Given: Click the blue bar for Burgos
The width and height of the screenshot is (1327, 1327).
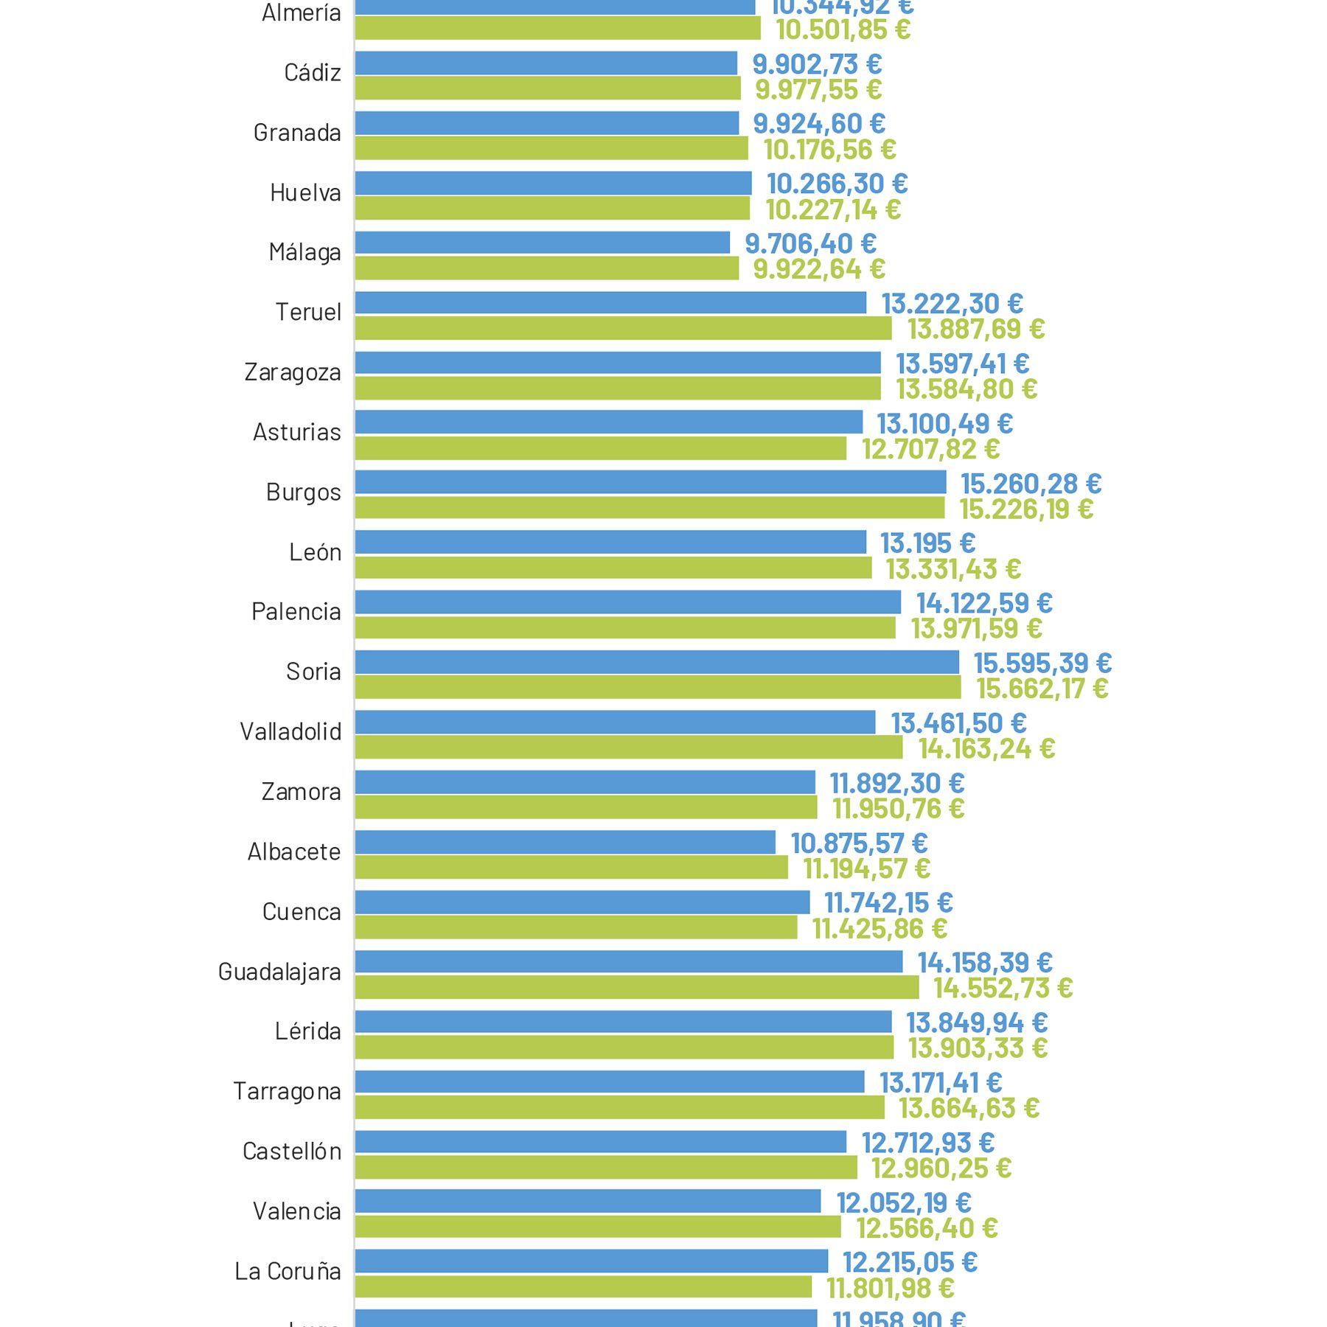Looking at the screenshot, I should click(x=650, y=482).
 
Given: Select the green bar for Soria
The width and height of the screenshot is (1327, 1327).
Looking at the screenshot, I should click(x=658, y=688).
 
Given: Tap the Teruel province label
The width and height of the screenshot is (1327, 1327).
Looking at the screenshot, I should click(x=308, y=312).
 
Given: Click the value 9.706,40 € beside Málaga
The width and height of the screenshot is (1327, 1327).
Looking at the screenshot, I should click(x=810, y=243).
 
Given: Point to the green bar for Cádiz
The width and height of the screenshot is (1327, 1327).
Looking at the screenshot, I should click(x=547, y=88).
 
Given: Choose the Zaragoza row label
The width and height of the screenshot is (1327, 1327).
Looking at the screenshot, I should click(x=293, y=372).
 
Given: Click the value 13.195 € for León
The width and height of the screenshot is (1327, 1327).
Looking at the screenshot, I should click(x=927, y=543).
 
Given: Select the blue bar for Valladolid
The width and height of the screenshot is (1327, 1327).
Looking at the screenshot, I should click(x=615, y=722).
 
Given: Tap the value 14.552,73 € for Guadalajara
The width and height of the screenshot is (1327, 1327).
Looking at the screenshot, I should click(x=1003, y=988).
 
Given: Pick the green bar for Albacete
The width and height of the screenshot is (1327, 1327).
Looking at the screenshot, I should click(x=571, y=868).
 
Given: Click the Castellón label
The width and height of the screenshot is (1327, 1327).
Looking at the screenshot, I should click(x=292, y=1152).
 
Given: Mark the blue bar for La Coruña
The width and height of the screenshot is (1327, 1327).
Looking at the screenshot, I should click(x=591, y=1261).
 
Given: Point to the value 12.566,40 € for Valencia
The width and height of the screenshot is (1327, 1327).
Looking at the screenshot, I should click(x=927, y=1228).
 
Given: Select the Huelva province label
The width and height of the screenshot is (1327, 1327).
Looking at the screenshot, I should click(x=305, y=192).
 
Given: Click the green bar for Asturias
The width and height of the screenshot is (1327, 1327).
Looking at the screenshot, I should click(x=600, y=448).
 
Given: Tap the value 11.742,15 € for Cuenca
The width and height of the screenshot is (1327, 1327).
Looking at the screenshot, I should click(x=888, y=902).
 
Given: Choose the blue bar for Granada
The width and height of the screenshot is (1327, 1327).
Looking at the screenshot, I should click(x=546, y=123).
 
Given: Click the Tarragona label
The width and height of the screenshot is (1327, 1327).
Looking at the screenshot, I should click(x=287, y=1091).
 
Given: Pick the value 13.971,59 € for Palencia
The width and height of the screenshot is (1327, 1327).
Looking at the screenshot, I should click(x=976, y=629).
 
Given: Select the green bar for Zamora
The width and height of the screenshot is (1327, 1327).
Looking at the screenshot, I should click(x=585, y=807).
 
